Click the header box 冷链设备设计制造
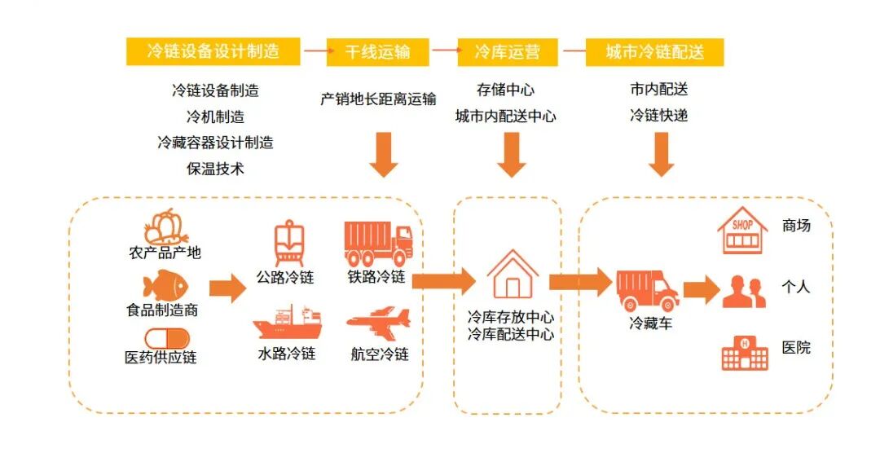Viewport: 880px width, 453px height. pos(213,51)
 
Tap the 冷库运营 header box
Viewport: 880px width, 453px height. pos(506,52)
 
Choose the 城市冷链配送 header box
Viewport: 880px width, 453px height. pos(654,52)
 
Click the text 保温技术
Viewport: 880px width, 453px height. pos(215,169)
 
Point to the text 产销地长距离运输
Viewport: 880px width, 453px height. pos(378,99)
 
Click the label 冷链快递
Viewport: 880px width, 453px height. pos(658,116)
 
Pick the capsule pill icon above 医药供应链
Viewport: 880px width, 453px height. pos(166,338)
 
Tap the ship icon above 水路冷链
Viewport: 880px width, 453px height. pos(286,323)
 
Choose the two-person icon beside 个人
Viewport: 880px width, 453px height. pos(744,292)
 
